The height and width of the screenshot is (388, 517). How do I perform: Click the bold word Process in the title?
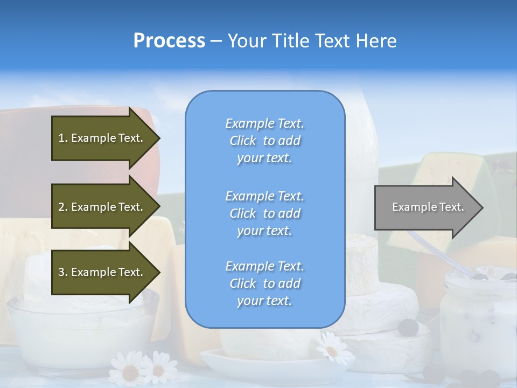[169, 41]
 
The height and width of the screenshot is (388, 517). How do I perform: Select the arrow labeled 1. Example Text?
[102, 138]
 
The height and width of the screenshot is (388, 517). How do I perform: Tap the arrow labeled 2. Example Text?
[102, 207]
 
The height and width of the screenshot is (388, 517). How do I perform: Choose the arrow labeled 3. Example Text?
[102, 272]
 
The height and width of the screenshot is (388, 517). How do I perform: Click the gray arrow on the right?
[425, 207]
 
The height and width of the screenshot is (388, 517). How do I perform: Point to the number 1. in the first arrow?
[63, 138]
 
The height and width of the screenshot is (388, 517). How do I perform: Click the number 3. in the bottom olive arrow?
[63, 272]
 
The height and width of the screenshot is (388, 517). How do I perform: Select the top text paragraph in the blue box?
[264, 141]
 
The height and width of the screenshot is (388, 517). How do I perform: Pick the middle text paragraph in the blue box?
[264, 213]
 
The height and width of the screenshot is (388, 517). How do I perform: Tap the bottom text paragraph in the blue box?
[264, 283]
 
